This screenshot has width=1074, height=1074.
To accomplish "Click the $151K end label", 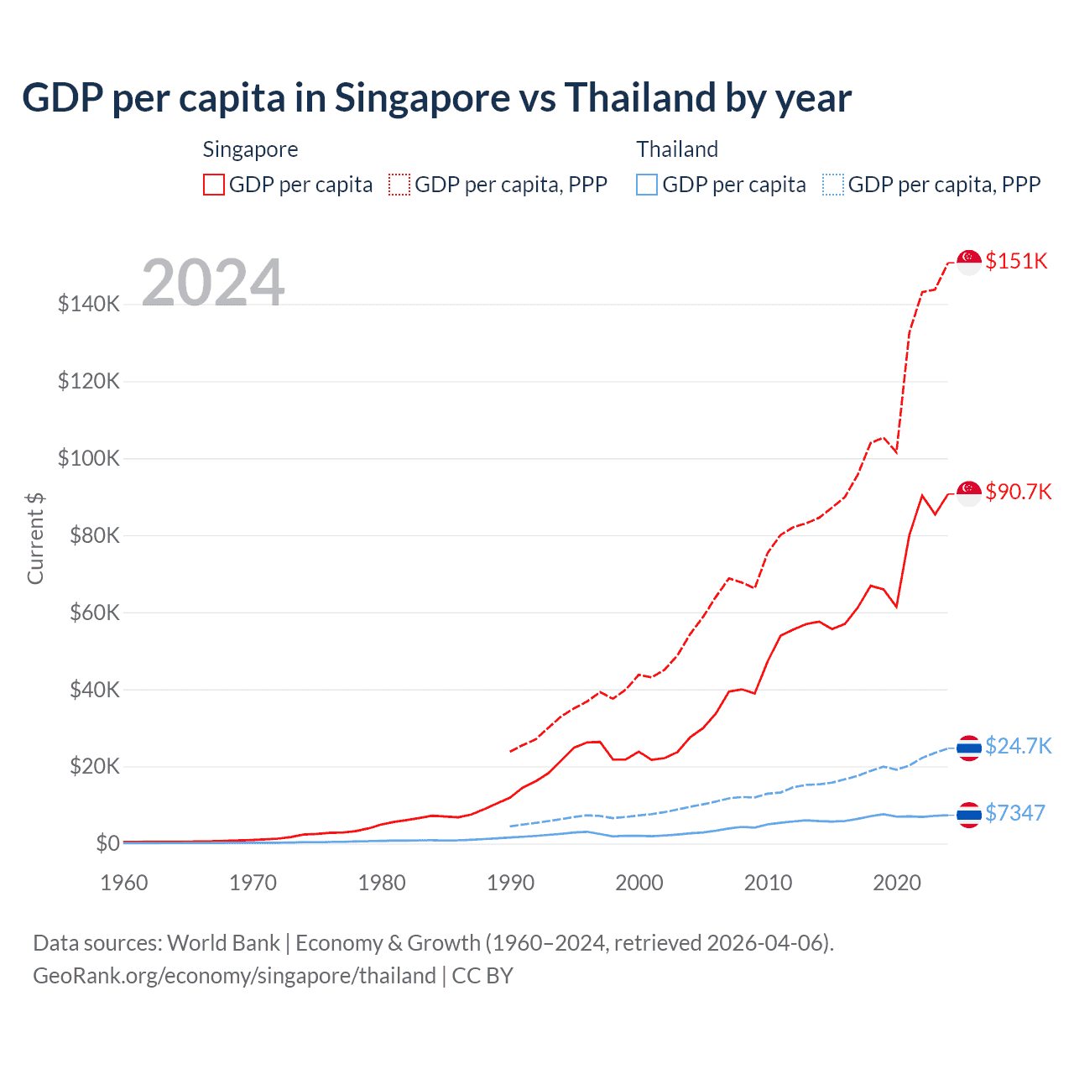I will (x=1016, y=261).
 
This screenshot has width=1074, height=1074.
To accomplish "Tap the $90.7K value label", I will (x=1018, y=492).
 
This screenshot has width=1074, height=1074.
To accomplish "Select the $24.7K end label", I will (x=1018, y=746).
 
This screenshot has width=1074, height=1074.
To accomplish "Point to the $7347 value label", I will (x=1014, y=813).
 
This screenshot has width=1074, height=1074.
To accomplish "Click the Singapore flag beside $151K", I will (x=969, y=262).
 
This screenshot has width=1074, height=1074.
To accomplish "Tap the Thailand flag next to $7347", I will (x=969, y=815).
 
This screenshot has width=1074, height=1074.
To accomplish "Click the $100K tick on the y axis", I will (x=89, y=458).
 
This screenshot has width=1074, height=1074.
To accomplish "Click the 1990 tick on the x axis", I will (x=510, y=883).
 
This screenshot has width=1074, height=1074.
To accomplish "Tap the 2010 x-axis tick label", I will (x=768, y=883).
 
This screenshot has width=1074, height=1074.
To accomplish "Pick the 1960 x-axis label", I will (x=124, y=883).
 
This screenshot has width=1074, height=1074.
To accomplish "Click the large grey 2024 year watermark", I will (x=213, y=283).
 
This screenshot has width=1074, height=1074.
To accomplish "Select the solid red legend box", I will (x=214, y=185).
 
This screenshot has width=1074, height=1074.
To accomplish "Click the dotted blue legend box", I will (x=833, y=185).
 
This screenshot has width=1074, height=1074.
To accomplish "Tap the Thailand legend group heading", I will (x=677, y=149).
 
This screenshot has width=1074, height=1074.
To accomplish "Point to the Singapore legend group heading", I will (x=250, y=149).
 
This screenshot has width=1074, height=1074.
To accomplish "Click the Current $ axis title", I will (x=35, y=539).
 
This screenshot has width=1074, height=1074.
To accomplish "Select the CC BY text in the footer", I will (x=482, y=976).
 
